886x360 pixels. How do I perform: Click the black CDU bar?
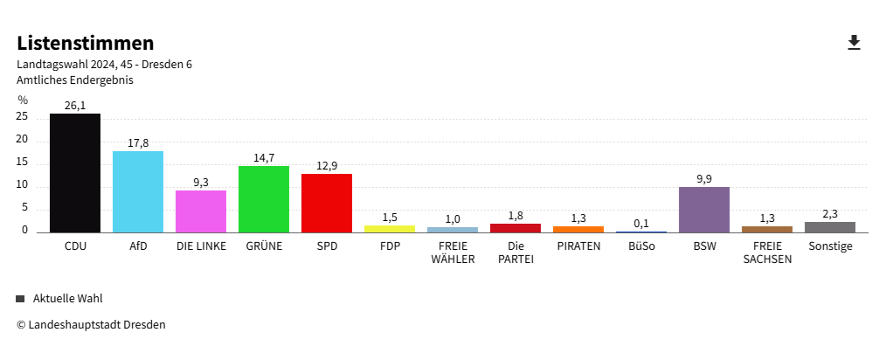pos(75,173)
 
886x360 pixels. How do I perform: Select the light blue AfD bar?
pos(138,191)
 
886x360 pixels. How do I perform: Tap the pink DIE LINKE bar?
pos(201,211)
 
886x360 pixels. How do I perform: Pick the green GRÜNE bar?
pos(264,199)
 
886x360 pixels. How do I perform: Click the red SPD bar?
pos(327,203)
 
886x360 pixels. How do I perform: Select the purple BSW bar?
pos(704,210)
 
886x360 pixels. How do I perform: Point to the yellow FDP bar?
pos(390,228)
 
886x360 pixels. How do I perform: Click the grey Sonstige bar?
pos(830,227)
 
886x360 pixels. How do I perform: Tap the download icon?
pos(855,43)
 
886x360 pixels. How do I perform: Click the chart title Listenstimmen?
pos(86,43)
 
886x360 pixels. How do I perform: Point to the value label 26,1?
pos(75,106)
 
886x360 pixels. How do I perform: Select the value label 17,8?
pos(138,143)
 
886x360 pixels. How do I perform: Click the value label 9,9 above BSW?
pos(704,179)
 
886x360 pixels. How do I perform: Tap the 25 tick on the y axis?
pos(23,117)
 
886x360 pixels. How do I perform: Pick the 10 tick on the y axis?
pos(23,185)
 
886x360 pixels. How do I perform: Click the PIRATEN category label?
pos(578,246)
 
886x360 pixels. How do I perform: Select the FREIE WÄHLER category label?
pos(453,253)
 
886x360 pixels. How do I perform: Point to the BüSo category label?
pos(641,246)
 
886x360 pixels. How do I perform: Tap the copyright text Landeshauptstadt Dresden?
pos(91,325)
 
